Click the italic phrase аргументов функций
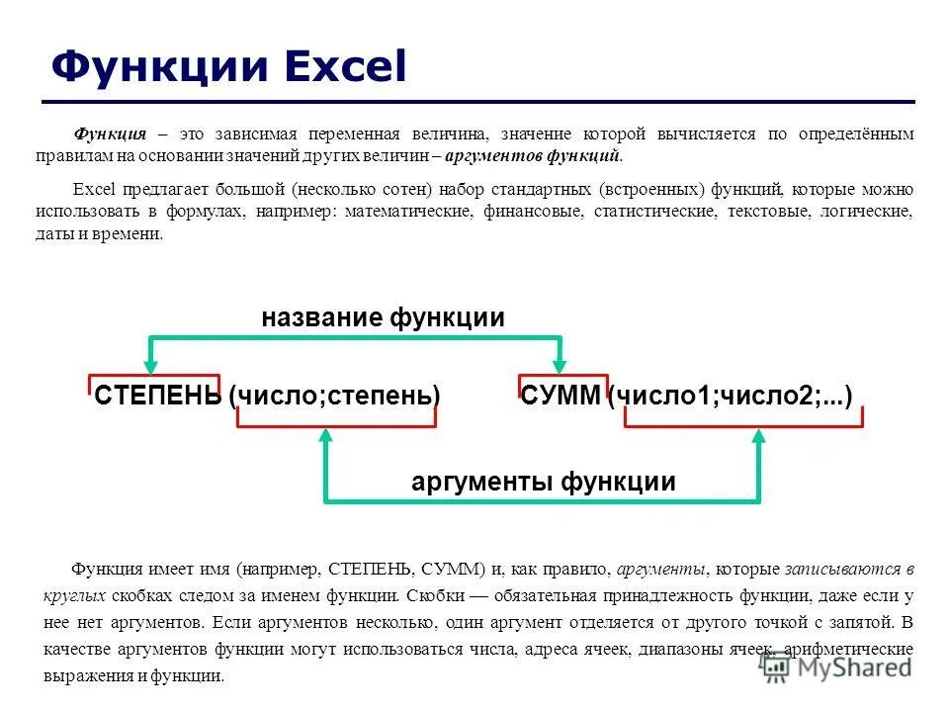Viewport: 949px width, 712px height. pos(533,156)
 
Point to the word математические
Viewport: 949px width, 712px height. pos(409,213)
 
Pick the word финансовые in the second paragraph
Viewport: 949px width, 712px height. pos(533,213)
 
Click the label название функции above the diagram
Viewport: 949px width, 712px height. pos(383,317)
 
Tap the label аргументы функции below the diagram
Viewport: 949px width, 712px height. pos(543,482)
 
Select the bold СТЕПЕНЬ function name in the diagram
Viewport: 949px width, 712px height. pos(157,397)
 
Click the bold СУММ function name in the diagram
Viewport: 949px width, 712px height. pos(561,397)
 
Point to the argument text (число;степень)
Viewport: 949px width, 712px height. pos(334,397)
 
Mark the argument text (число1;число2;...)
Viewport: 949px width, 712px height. pos(731,397)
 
